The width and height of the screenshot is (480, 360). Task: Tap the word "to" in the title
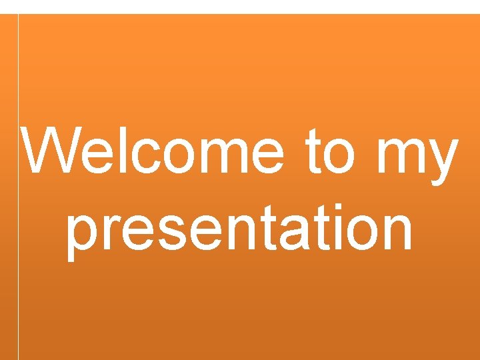click(329, 153)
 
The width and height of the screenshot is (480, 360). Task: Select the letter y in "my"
click(441, 163)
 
